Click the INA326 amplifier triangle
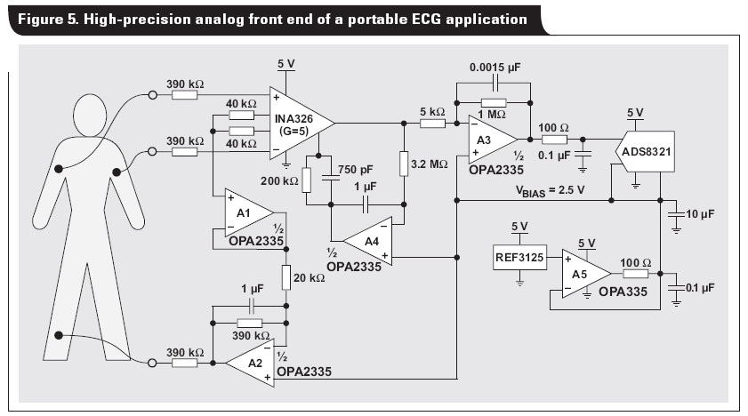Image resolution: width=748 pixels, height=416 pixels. (x=298, y=124)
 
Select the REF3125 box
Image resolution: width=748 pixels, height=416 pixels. (x=519, y=260)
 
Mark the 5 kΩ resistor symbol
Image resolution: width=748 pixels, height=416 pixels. (x=431, y=124)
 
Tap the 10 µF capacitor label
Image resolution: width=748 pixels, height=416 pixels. (x=700, y=214)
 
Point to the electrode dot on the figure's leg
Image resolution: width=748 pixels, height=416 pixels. (x=59, y=335)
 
